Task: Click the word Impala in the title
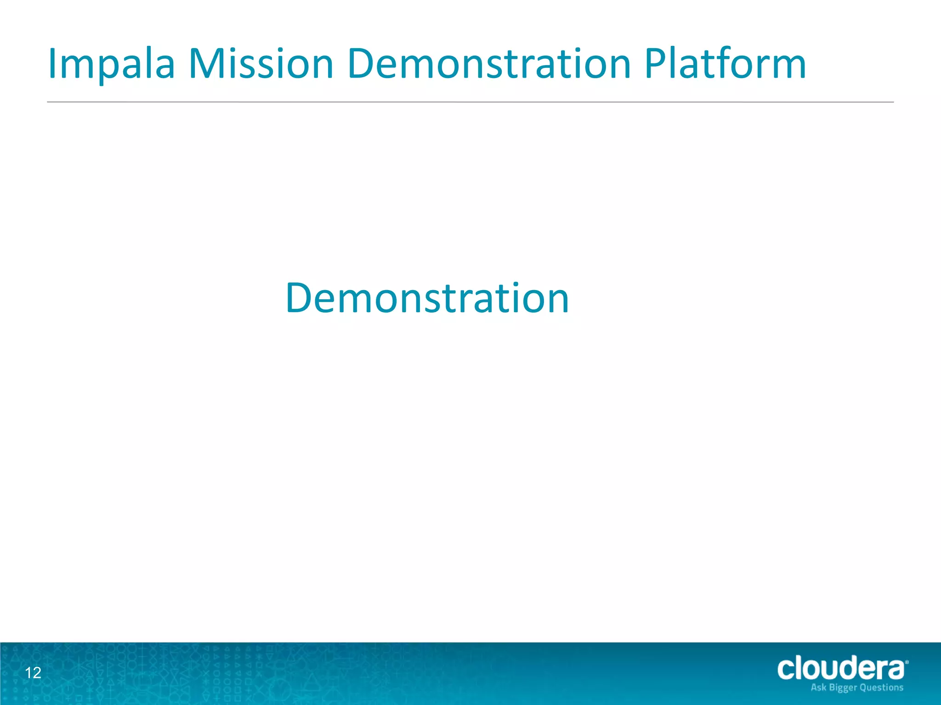pyautogui.click(x=111, y=64)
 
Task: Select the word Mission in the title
pyautogui.click(x=261, y=64)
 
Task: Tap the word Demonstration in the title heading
pyautogui.click(x=489, y=64)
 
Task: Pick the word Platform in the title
pyautogui.click(x=725, y=64)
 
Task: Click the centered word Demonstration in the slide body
pyautogui.click(x=427, y=298)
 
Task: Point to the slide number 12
pyautogui.click(x=33, y=673)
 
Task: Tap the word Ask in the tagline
pyautogui.click(x=818, y=688)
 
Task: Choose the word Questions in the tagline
pyautogui.click(x=881, y=688)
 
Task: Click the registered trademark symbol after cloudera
pyautogui.click(x=907, y=662)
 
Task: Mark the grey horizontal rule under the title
pyautogui.click(x=470, y=102)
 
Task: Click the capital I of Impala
pyautogui.click(x=51, y=64)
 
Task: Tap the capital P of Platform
pyautogui.click(x=655, y=64)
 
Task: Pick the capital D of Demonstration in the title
pyautogui.click(x=362, y=64)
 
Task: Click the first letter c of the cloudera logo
pyautogui.click(x=787, y=670)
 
